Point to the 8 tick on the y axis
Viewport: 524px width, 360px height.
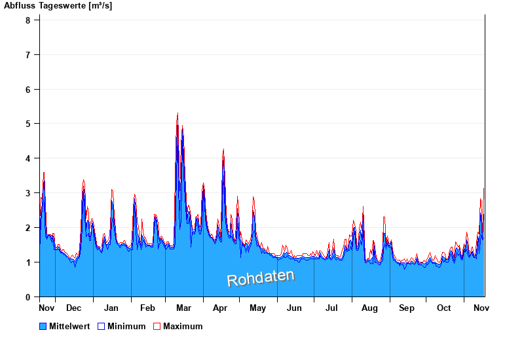click(x=28, y=20)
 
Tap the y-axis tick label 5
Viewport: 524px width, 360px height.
click(x=28, y=124)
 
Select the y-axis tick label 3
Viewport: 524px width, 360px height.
click(x=28, y=193)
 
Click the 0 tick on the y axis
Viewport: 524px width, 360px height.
click(x=28, y=297)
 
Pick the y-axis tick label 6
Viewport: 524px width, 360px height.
click(x=28, y=89)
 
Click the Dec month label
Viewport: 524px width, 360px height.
click(x=73, y=308)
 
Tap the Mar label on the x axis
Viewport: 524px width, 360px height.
click(x=183, y=308)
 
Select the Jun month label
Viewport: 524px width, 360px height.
click(x=295, y=308)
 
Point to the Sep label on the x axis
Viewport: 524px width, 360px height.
click(x=407, y=308)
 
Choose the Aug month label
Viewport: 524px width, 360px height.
click(x=369, y=308)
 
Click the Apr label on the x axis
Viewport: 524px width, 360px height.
click(x=220, y=308)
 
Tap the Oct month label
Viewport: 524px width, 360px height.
click(x=444, y=308)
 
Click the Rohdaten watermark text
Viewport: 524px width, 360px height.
click(x=260, y=278)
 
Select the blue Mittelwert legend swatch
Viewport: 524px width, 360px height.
click(x=43, y=327)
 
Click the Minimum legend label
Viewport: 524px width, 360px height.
click(x=126, y=327)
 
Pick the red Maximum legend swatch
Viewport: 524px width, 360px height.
click(x=157, y=327)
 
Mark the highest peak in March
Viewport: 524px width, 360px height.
click(x=178, y=114)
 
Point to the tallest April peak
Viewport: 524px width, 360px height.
click(x=223, y=150)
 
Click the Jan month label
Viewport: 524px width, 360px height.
click(x=111, y=308)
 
